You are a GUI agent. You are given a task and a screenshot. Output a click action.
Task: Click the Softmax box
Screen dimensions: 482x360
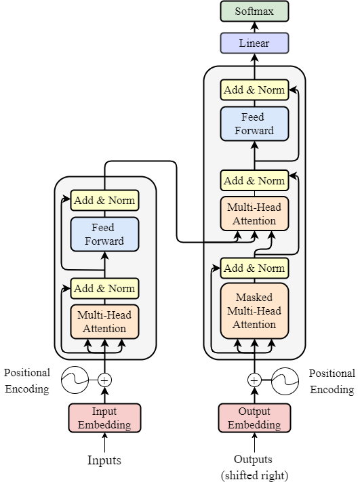click(x=255, y=12)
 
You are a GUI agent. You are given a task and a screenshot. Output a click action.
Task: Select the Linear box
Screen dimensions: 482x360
click(x=255, y=43)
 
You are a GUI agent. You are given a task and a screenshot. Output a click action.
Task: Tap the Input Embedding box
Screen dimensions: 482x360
click(x=104, y=418)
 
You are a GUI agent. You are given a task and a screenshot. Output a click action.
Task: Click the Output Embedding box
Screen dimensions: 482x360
click(x=254, y=418)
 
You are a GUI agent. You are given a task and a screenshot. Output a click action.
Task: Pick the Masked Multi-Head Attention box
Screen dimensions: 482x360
click(x=254, y=311)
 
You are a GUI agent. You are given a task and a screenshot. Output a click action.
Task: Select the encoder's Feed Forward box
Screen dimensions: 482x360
click(x=104, y=234)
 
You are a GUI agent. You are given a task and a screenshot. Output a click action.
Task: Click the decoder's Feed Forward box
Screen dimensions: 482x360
click(x=254, y=123)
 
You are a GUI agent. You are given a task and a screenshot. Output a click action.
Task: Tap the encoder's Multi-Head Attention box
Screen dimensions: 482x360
click(x=104, y=321)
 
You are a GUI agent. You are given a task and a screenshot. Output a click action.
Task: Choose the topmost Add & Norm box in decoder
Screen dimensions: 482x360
click(x=254, y=89)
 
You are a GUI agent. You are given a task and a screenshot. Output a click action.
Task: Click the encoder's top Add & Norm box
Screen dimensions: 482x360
click(x=104, y=200)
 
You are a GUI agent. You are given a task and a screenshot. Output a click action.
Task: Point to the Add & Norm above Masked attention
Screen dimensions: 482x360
click(x=254, y=268)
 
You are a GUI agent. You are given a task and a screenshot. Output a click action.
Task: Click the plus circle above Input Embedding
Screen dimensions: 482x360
click(x=104, y=380)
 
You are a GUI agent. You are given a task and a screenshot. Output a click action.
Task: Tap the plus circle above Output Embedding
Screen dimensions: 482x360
click(x=254, y=380)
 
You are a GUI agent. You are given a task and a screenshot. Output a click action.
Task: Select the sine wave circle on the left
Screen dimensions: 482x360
click(x=75, y=380)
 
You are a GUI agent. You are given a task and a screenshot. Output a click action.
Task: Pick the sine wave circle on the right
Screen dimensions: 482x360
click(x=285, y=380)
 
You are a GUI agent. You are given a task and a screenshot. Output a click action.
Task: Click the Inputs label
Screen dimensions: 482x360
click(x=104, y=460)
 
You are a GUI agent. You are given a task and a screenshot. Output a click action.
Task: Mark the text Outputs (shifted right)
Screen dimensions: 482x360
click(x=255, y=466)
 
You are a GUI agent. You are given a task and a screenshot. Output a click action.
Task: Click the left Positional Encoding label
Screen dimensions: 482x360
click(x=26, y=381)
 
